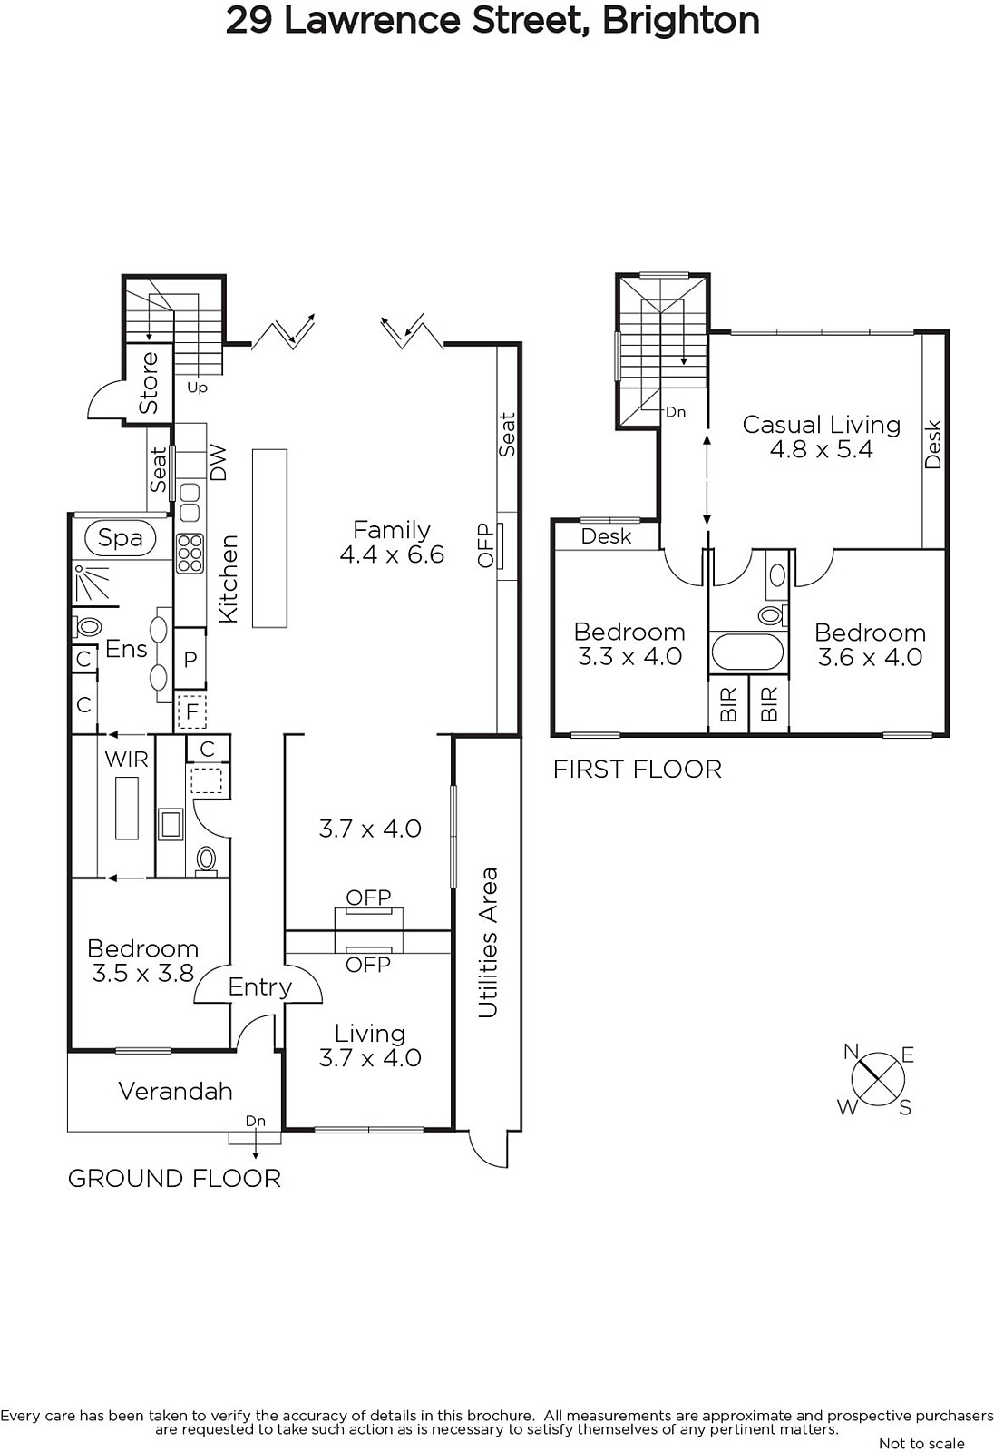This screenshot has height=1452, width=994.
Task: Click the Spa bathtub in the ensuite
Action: pos(121,538)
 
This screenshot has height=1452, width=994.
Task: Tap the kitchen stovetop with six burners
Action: pos(190,554)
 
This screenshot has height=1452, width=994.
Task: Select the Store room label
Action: pos(149,382)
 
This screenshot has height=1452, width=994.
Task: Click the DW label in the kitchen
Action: pos(219,463)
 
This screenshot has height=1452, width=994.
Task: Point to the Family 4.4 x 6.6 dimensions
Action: pos(392,554)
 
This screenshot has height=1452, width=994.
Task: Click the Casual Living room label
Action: pos(822,425)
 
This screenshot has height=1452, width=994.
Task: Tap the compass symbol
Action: pos(877,1080)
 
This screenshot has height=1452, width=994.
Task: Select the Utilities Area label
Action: pos(488,943)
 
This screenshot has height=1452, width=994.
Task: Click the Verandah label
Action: pos(176,1092)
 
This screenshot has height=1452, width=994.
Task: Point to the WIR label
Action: pos(126,759)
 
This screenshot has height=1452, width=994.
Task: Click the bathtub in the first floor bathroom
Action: pos(747,652)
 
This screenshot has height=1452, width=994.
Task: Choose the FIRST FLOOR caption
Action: pos(637,770)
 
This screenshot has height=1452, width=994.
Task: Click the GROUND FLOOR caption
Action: pos(174,1179)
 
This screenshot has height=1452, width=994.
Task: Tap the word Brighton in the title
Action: pos(681,21)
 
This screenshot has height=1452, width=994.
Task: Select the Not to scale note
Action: pos(921,1444)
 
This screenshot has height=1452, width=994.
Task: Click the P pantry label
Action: pos(190,660)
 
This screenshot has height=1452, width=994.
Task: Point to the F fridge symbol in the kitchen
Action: pos(191,711)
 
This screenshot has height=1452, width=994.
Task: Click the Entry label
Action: pos(260,987)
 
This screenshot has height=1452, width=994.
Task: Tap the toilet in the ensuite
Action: pos(87,627)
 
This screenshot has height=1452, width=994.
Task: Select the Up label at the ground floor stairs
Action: pos(197,388)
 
